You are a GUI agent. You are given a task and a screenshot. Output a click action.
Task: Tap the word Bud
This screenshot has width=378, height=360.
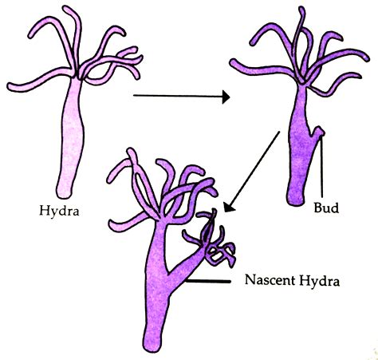click(x=326, y=208)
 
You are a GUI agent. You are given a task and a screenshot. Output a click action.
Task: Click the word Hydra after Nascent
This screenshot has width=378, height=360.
click(x=319, y=281)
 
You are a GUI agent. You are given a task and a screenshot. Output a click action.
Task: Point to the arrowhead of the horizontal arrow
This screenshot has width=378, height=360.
click(x=226, y=97)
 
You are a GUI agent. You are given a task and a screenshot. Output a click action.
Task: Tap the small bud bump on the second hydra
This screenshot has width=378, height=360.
click(x=318, y=132)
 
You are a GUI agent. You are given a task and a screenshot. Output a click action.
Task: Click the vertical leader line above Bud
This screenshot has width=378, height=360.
click(x=321, y=167)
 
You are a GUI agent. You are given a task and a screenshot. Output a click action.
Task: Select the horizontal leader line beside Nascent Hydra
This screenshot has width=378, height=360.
click(x=208, y=281)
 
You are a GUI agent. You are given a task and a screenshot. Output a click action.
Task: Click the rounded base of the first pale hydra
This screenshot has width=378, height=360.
click(x=65, y=194)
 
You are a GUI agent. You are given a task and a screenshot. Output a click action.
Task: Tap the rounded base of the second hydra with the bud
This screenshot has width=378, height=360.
click(x=296, y=200)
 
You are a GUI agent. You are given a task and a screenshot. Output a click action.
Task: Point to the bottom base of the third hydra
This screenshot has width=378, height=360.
click(x=152, y=344)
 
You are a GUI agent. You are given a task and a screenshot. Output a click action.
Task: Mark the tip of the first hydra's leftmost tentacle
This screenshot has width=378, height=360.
click(x=10, y=86)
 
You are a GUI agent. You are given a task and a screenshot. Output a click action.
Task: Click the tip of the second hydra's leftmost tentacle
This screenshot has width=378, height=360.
click(x=233, y=63)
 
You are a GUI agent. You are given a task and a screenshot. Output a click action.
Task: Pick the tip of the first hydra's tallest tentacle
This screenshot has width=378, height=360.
click(x=66, y=9)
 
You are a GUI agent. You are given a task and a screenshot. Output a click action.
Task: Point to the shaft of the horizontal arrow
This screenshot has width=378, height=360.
click(x=178, y=96)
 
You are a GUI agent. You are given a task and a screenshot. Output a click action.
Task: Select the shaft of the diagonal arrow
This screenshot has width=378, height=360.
click(x=254, y=168)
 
